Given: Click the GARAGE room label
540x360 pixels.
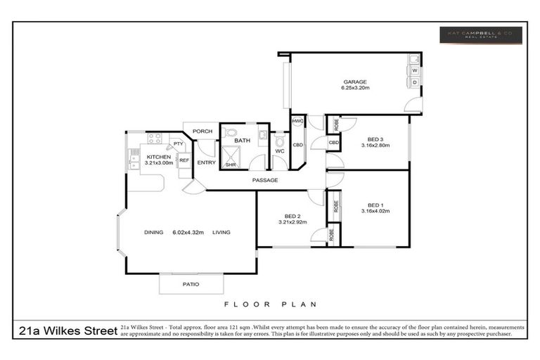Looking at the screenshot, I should (354, 82).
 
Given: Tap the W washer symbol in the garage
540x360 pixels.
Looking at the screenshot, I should (415, 70).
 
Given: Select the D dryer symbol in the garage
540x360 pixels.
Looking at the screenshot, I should (415, 82).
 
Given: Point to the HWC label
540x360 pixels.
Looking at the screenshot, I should (297, 122).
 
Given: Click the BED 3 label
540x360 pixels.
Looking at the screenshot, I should (375, 139).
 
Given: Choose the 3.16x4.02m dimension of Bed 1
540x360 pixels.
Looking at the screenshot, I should (375, 211).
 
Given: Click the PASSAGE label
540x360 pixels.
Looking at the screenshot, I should (265, 181).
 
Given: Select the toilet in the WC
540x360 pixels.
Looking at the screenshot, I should (279, 143).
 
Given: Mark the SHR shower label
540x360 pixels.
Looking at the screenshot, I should (230, 165).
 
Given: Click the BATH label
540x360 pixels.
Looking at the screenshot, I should (242, 141).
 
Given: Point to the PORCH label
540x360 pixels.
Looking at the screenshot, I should (202, 131).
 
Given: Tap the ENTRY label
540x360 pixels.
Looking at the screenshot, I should (206, 162).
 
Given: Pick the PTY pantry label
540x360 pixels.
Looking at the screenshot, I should (179, 144).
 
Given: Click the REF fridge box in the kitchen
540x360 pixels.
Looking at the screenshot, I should (184, 160).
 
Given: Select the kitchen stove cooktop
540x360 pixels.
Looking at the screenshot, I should (154, 139).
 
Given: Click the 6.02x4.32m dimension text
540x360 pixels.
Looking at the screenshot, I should (188, 233).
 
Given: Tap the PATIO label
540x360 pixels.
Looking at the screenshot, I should (191, 284).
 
